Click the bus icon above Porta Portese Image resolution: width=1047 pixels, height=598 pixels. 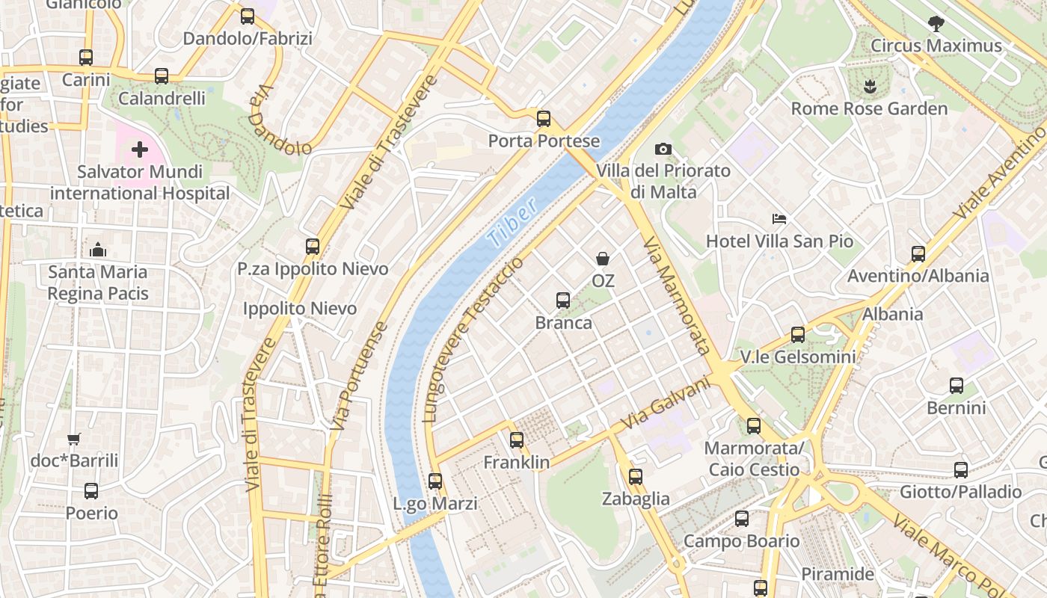coord(544,118)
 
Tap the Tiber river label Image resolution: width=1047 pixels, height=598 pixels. coord(512,223)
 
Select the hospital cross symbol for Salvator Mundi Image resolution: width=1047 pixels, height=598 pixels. coord(140,150)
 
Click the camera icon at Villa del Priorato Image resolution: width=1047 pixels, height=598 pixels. coord(663,149)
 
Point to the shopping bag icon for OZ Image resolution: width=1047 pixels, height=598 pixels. coord(603,259)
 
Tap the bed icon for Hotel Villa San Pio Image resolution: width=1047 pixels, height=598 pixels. coord(779,219)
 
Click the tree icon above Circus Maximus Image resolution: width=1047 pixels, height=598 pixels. coord(936,24)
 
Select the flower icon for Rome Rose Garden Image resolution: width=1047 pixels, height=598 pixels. coord(869,87)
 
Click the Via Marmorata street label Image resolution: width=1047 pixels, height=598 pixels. coord(676,296)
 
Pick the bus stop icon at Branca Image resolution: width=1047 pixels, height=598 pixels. coord(563,300)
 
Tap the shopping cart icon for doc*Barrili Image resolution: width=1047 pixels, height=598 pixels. coord(73,439)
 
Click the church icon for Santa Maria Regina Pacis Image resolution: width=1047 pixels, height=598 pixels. coord(98,250)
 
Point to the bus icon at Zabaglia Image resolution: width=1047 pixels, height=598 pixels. coord(636,476)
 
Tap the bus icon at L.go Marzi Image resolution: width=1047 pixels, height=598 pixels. coord(435,481)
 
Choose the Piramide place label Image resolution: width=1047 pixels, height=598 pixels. coord(838,574)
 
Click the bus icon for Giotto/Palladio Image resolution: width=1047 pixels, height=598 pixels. coord(961,469)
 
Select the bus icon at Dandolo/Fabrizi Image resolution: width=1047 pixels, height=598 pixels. coord(248,16)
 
